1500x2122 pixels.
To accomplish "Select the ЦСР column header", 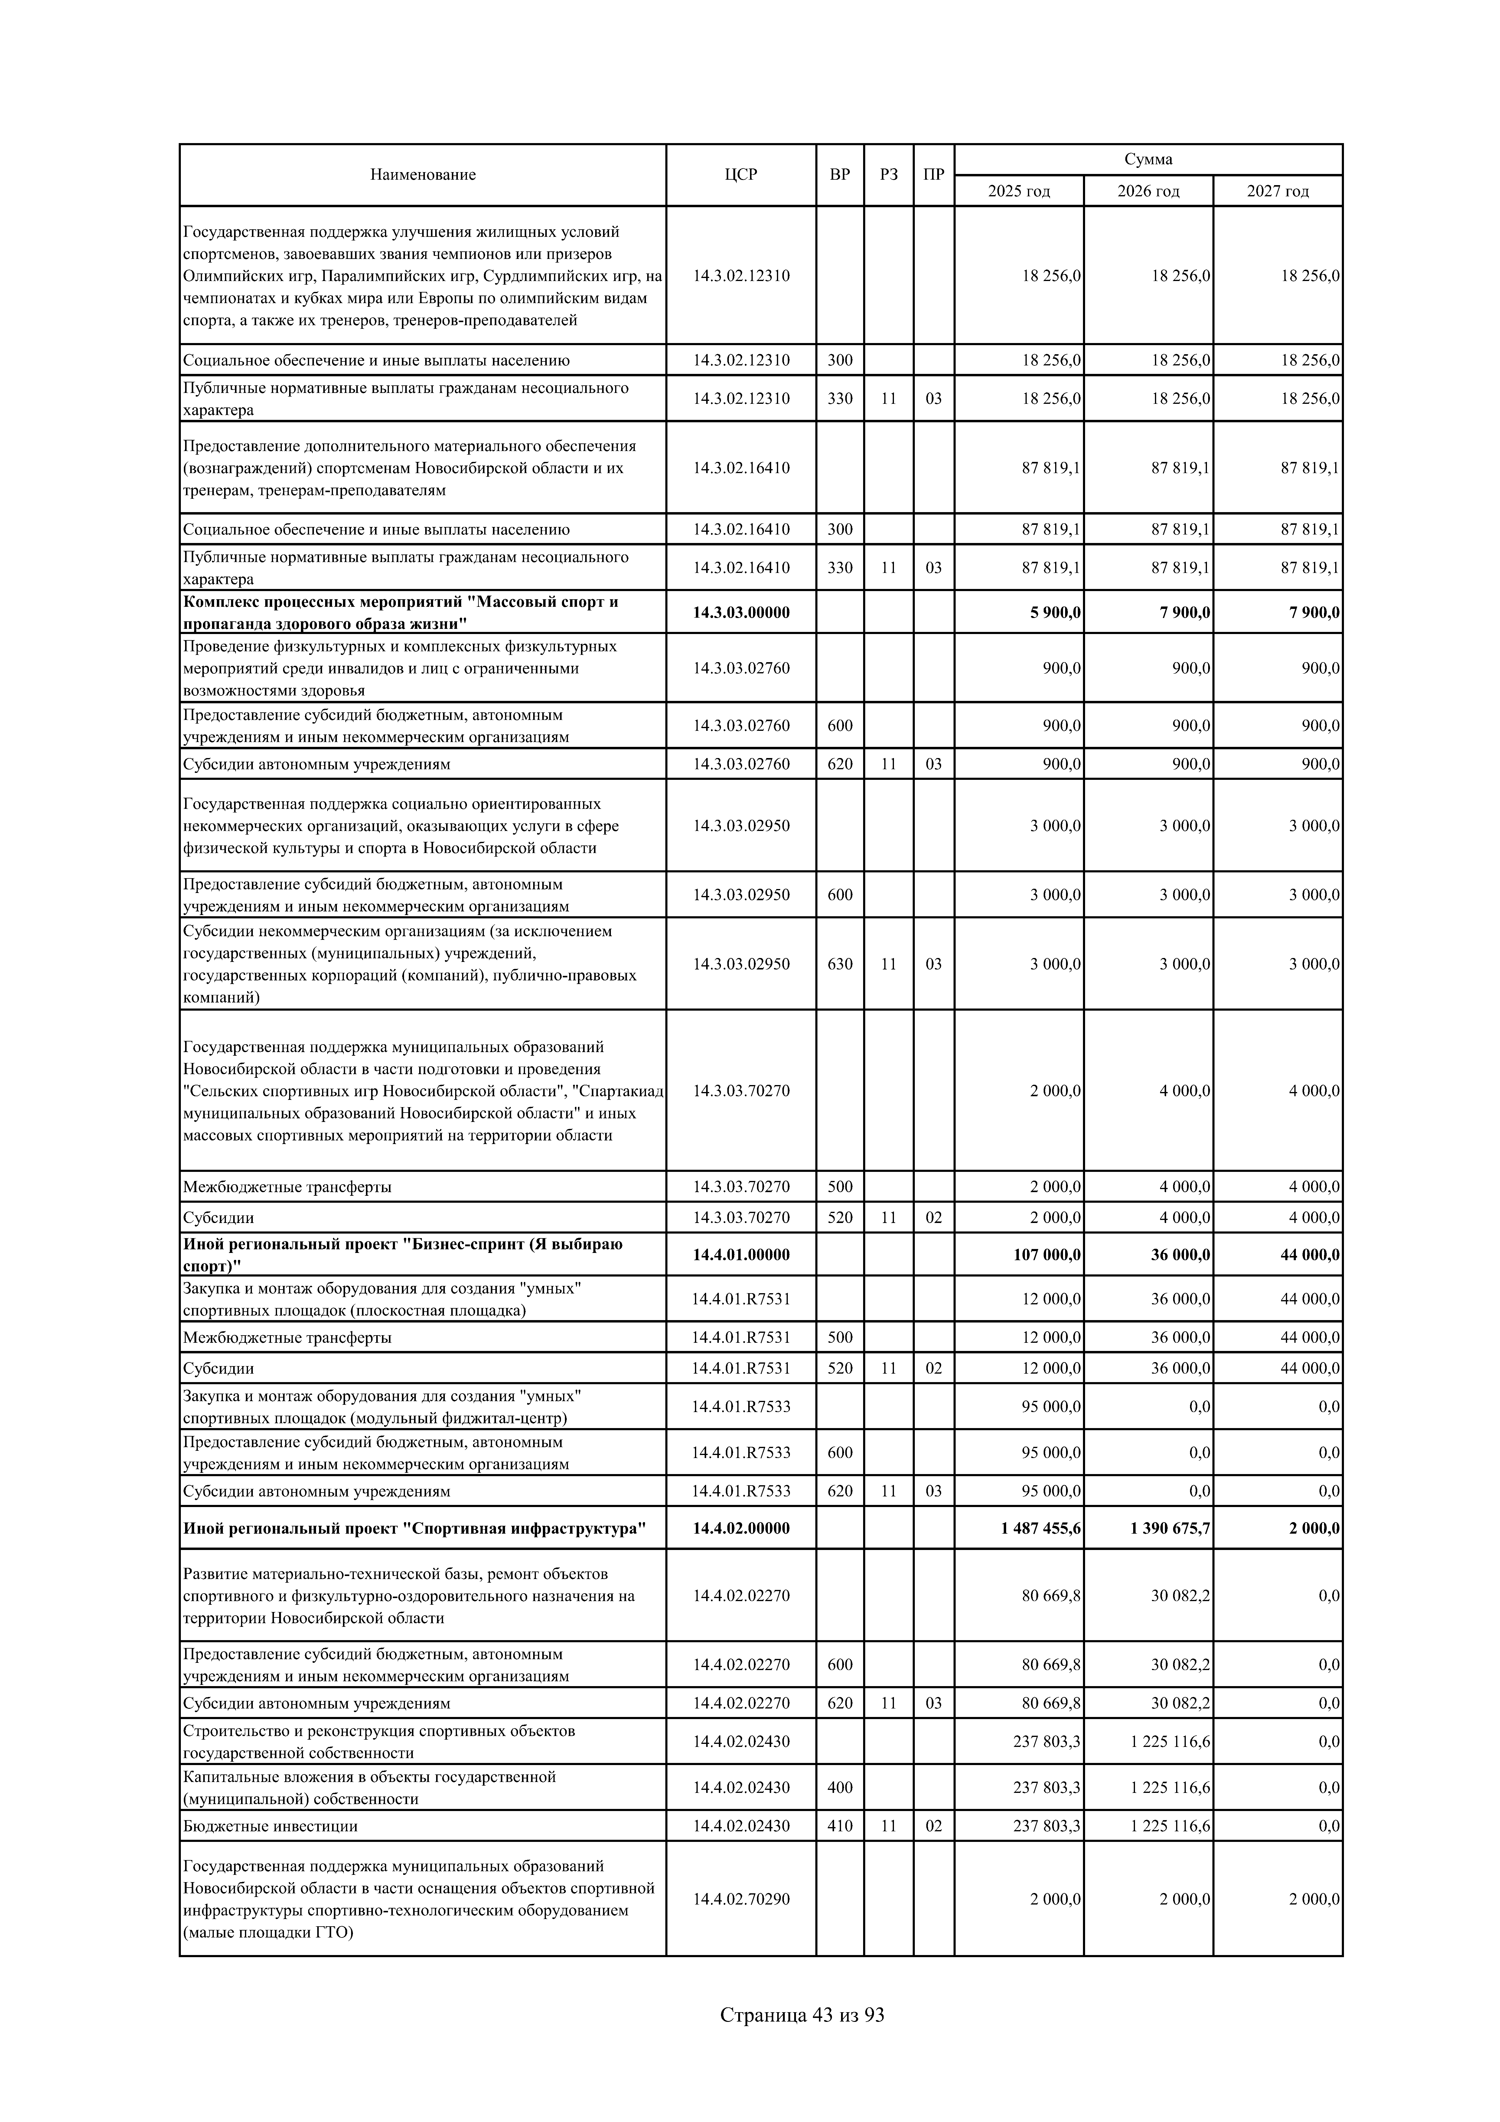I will (x=741, y=175).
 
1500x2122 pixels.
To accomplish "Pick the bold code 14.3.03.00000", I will (x=741, y=613).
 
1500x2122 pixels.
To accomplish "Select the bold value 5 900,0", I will (x=1055, y=613).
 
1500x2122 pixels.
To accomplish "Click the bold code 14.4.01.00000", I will (x=741, y=1255).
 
